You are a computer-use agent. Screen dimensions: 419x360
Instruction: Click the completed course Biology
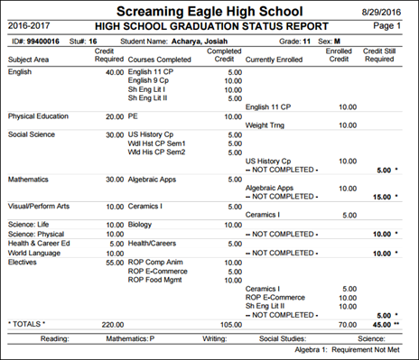tap(143, 222)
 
